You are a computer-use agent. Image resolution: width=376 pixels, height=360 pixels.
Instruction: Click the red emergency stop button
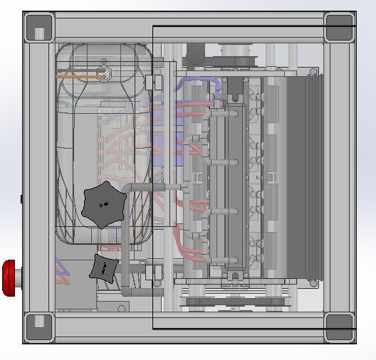coord(9,277)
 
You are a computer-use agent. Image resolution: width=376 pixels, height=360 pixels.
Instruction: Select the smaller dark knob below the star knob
coord(104,268)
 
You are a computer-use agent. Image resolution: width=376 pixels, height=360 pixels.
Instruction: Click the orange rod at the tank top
coord(80,74)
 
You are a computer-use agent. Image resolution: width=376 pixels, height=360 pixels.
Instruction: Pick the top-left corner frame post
coord(39,28)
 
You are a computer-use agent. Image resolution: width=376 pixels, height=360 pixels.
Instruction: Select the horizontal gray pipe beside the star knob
coord(153,187)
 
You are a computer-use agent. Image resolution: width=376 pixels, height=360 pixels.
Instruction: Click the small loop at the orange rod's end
coord(103,74)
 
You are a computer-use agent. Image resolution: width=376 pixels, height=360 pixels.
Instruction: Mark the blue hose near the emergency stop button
coord(63,270)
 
